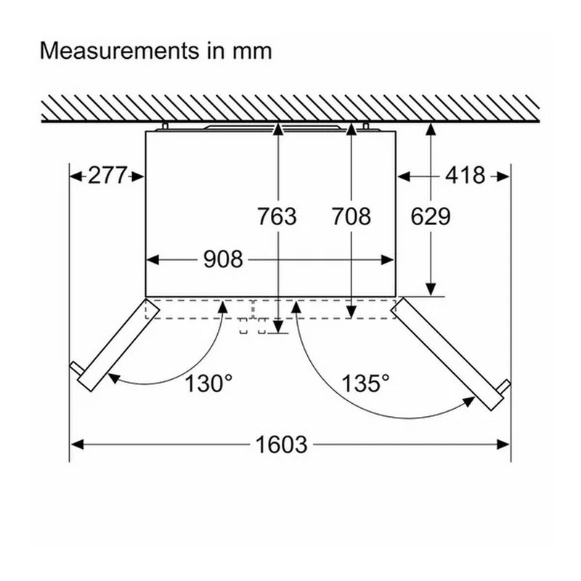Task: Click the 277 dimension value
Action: [107, 175]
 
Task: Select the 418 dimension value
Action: [465, 175]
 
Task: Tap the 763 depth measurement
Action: [277, 216]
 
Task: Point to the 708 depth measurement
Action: [351, 216]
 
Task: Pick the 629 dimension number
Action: [431, 216]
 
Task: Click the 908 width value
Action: [223, 259]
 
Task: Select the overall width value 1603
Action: [282, 444]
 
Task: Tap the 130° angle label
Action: [208, 383]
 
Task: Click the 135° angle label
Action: [365, 383]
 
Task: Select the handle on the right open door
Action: [505, 386]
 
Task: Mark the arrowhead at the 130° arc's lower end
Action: [114, 378]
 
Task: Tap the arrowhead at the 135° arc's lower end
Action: [468, 402]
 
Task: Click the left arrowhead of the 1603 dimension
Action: [77, 444]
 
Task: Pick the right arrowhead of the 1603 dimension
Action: [503, 444]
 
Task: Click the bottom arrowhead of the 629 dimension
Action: [431, 289]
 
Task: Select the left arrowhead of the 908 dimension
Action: [153, 260]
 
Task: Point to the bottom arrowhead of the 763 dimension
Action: [277, 327]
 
